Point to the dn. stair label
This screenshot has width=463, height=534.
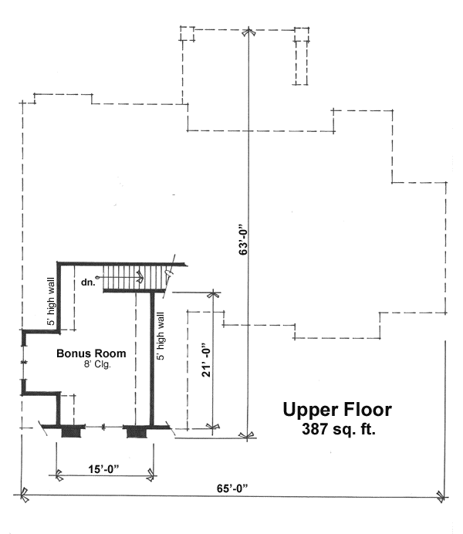(87, 282)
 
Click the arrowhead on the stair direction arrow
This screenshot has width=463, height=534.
(140, 274)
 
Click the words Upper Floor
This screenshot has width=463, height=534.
(336, 410)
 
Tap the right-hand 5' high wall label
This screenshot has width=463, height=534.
(161, 335)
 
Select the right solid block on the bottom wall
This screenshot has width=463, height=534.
(137, 429)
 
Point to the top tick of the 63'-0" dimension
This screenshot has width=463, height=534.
(247, 33)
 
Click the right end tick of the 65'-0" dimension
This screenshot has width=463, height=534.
(441, 495)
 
